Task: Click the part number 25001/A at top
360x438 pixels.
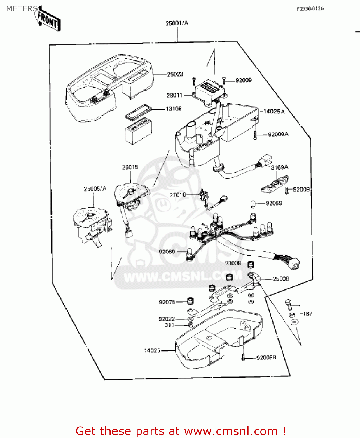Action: pos(177,23)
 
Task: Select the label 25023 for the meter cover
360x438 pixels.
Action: pos(175,74)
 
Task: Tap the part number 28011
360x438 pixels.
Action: pos(174,95)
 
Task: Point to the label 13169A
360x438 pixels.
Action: pos(278,167)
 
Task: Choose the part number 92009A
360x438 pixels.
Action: pos(278,134)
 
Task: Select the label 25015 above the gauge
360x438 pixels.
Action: pos(130,167)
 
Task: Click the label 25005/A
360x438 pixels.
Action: pos(95,189)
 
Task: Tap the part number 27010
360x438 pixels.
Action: pos(178,194)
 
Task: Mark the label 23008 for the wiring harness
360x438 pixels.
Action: pos(233,263)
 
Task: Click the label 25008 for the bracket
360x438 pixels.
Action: pos(281,279)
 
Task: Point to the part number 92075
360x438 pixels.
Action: pos(167,302)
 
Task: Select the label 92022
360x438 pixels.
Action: pos(167,319)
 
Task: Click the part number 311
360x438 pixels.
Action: pos(169,325)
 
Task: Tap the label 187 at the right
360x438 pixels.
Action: pos(307,314)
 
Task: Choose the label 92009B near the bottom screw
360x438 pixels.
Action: pos(266,358)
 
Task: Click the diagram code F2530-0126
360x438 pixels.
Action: pos(310,9)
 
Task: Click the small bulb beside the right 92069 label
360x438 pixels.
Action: pos(253,204)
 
